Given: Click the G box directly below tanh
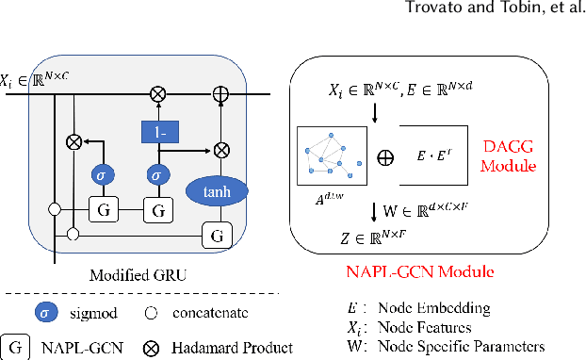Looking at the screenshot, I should click(220, 233).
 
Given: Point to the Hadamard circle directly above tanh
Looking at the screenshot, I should click(220, 148).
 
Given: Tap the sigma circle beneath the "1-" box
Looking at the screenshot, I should click(157, 175).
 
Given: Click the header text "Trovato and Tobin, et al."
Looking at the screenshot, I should click(499, 13).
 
